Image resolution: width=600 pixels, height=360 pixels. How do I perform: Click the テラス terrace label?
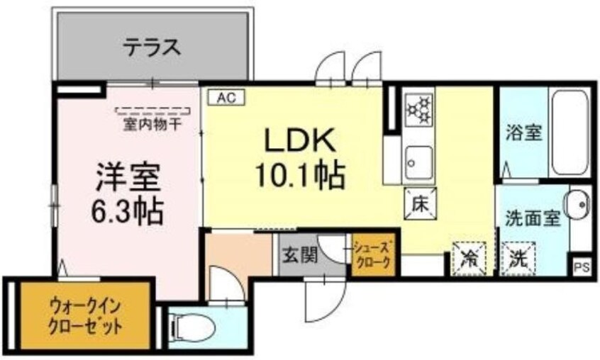tap(152, 48)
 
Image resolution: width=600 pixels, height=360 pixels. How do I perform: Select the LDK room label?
tap(299, 141)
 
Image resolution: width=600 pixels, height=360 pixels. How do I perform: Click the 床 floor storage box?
tap(418, 203)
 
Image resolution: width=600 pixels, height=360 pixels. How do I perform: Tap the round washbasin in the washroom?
tap(579, 206)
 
